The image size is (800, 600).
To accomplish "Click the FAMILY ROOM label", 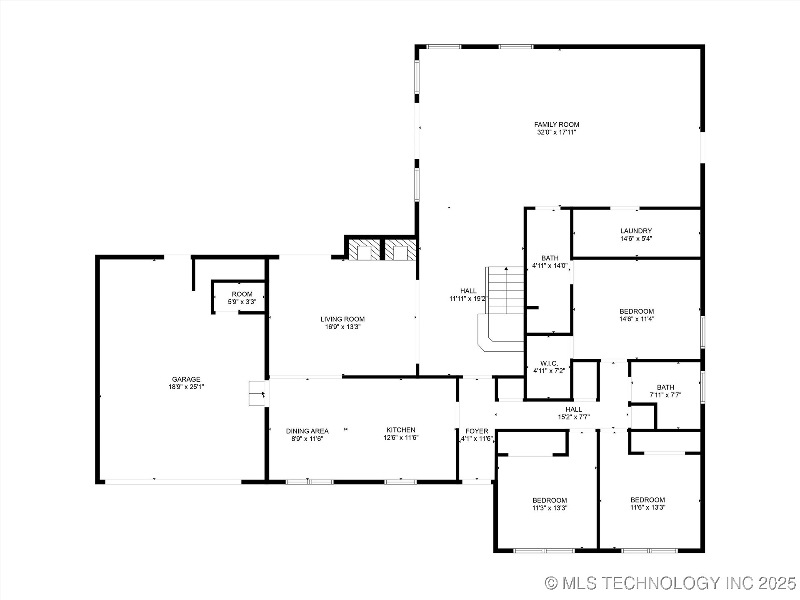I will point(557,125).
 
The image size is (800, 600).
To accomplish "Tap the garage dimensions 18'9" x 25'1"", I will point(186,387).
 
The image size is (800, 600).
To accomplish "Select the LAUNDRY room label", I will point(636,231).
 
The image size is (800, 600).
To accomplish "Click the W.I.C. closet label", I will point(549,363).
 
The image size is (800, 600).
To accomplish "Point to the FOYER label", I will point(477,431).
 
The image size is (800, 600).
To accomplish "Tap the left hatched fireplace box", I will point(364,250).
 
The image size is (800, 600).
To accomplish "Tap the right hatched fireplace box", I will point(400,250).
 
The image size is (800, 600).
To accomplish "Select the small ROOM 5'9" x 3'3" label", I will point(242,294).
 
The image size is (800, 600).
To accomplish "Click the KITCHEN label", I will point(401,430).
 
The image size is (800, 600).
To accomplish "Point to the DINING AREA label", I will point(307,431).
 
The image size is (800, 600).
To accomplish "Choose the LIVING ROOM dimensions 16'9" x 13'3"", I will point(342,327).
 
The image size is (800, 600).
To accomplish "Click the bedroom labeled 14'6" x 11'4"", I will point(637,315).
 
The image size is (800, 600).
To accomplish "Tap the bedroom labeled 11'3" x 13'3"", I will point(550,504).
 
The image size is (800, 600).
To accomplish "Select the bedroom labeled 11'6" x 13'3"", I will point(647,504).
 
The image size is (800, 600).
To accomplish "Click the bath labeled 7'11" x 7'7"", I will point(665,391).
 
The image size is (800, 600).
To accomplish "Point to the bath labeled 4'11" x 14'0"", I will point(550,262).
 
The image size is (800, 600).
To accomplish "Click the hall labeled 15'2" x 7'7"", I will point(574,413).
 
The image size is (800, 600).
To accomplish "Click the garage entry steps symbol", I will point(257,393).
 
